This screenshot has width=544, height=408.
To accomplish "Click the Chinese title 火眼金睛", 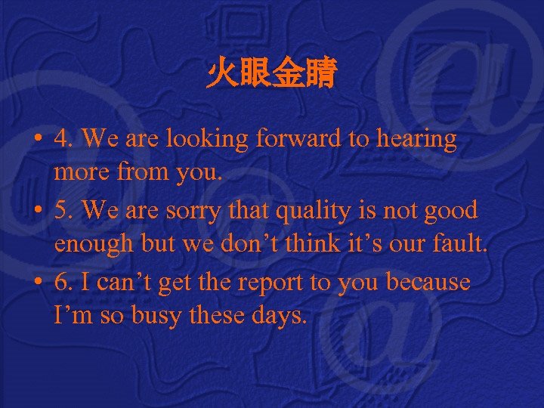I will pos(271,76).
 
